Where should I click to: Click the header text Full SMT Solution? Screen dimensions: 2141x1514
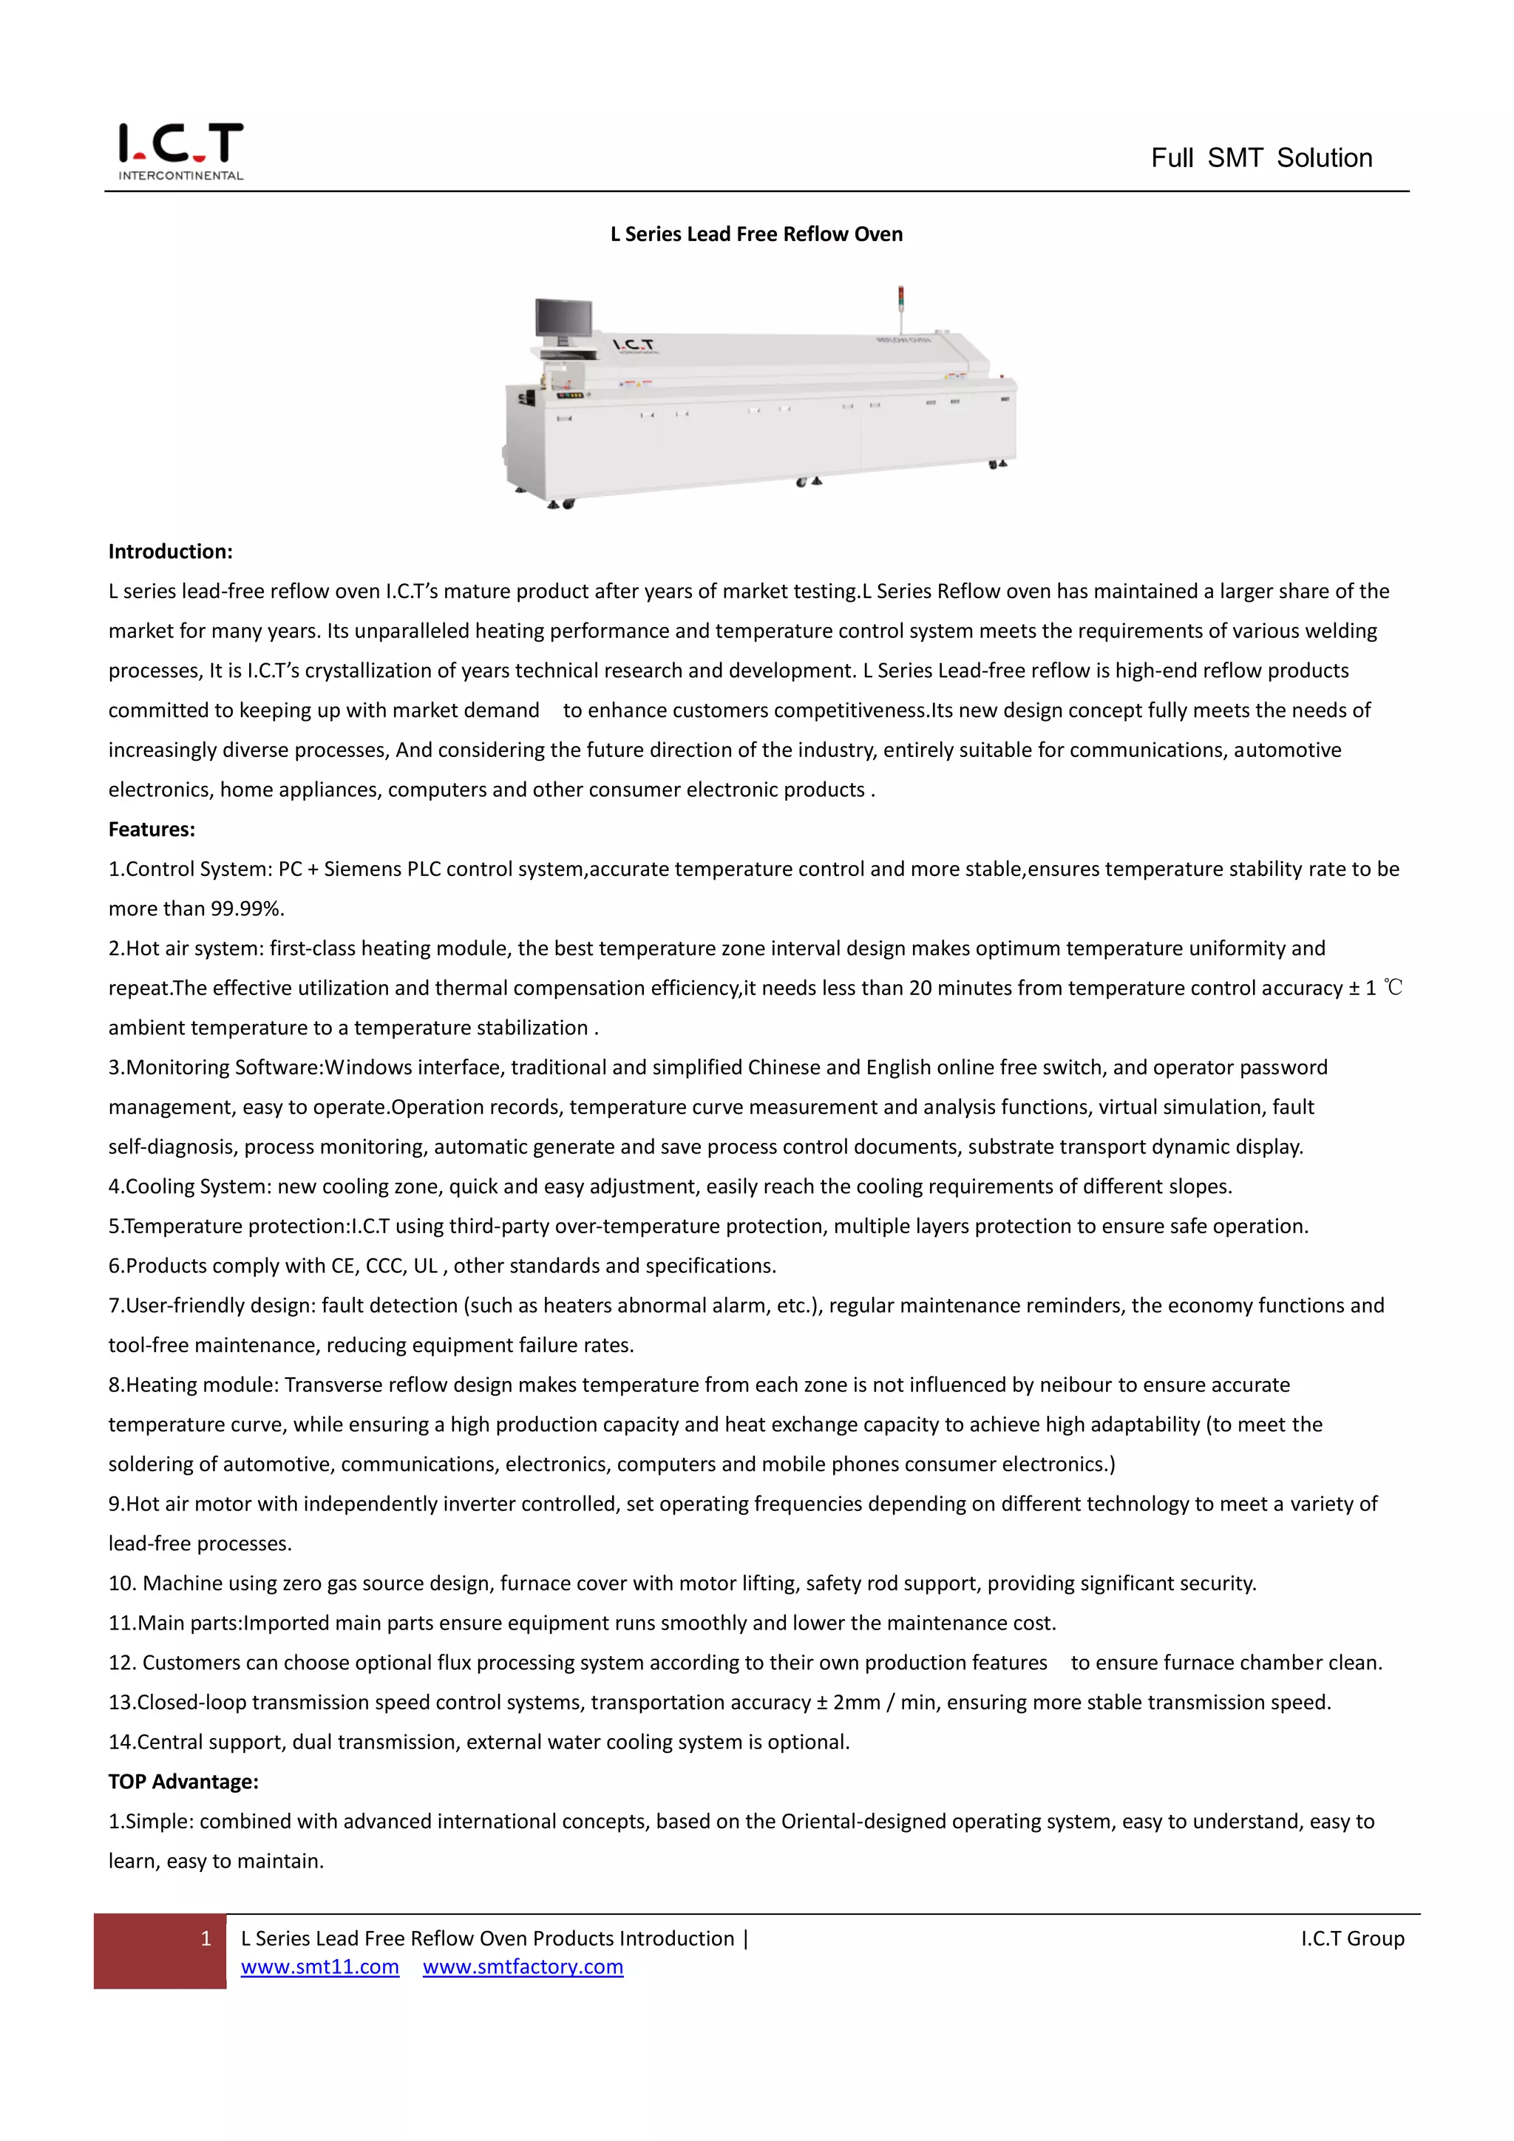tap(1260, 157)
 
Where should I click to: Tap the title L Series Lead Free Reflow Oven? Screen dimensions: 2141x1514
tap(756, 234)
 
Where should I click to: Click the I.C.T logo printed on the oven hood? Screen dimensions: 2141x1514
tap(633, 345)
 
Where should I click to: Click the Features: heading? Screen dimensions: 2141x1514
tap(151, 829)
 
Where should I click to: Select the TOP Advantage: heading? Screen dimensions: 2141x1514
tap(183, 1781)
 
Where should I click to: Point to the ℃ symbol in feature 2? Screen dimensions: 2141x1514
tap(1393, 988)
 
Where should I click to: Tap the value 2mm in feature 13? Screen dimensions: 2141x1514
tap(856, 1702)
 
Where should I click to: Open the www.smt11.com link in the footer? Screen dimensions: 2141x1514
tap(320, 1967)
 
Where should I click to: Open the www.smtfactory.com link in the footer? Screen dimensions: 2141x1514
tap(522, 1967)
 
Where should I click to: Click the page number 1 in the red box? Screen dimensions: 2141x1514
tap(206, 1938)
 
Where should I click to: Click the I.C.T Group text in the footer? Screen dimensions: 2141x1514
tap(1352, 1938)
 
